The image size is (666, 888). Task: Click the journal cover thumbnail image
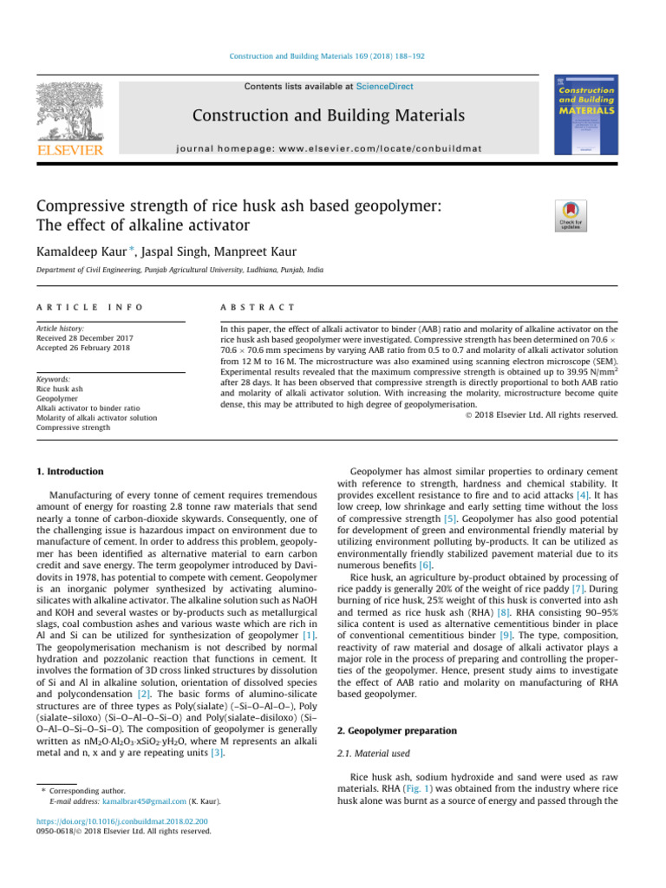[x=586, y=116]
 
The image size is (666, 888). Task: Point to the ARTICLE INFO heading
[x=89, y=308]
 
